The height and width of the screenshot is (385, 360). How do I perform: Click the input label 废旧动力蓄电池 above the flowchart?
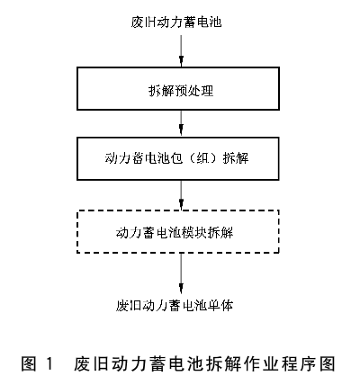coord(176,22)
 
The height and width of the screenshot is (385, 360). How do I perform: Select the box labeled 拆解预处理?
coord(178,88)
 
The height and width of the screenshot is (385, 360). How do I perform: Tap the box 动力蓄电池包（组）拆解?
coord(178,158)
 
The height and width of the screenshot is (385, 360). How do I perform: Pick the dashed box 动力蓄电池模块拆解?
coord(178,231)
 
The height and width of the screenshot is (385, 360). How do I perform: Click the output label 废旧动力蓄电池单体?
coord(175,305)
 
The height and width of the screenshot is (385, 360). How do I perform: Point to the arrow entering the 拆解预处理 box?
coord(181,51)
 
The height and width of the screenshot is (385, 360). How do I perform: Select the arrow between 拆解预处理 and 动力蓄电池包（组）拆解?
coord(181,123)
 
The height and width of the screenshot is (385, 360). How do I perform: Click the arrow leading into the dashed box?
coord(181,195)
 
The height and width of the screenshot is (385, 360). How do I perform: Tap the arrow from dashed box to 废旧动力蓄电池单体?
coord(181,273)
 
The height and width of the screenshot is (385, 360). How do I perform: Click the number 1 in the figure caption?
coord(49,363)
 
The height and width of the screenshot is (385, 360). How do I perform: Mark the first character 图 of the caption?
coord(29,363)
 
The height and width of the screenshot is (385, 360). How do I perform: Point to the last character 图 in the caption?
coord(328,363)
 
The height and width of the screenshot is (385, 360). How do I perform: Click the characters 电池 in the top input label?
coord(209,22)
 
